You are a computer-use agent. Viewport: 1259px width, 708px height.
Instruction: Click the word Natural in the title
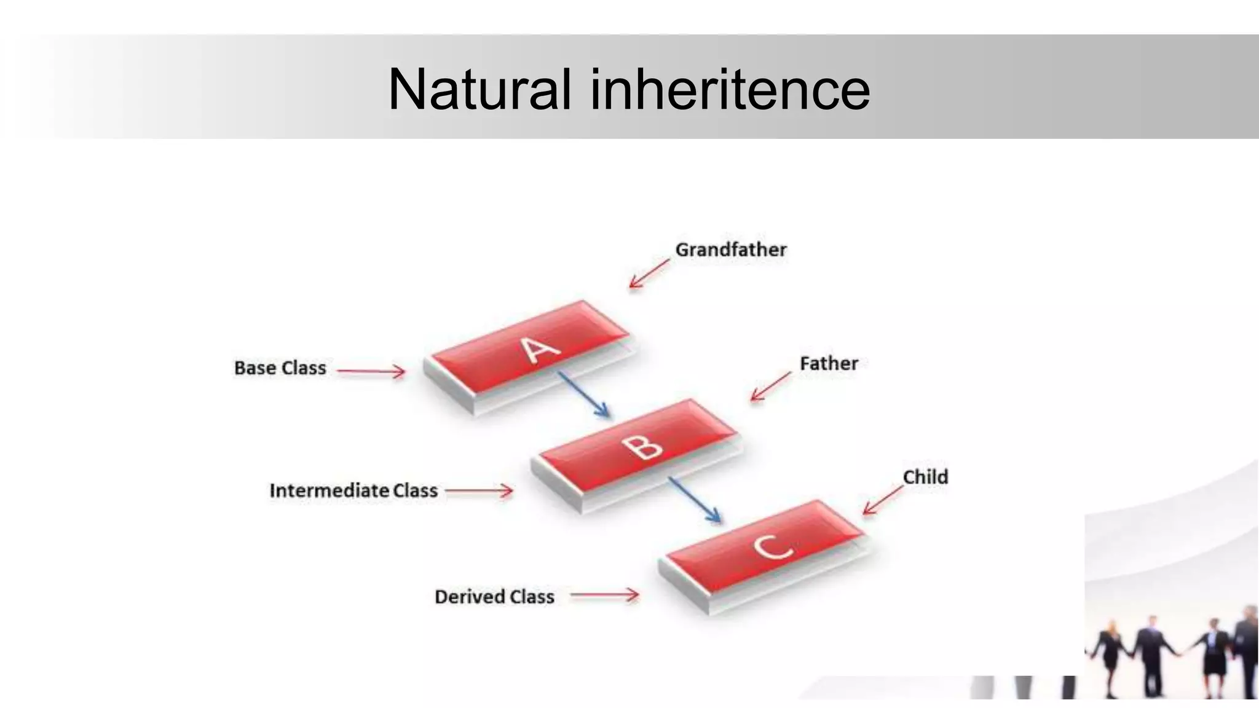pyautogui.click(x=480, y=90)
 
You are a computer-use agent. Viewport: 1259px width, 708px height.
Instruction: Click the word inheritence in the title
pyautogui.click(x=730, y=90)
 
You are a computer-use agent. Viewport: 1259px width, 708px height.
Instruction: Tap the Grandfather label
pyautogui.click(x=730, y=250)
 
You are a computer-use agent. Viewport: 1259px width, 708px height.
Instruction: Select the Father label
pyautogui.click(x=828, y=363)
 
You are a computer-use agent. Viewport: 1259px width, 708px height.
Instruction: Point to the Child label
pyautogui.click(x=925, y=477)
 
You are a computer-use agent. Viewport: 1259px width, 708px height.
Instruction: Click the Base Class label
pyautogui.click(x=280, y=368)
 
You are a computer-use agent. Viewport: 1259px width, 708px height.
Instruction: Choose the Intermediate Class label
pyautogui.click(x=353, y=490)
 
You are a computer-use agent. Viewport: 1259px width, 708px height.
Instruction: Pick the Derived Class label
pyautogui.click(x=494, y=597)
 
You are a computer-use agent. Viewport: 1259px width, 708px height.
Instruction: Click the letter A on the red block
pyautogui.click(x=540, y=350)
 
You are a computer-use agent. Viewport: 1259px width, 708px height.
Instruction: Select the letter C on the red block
pyautogui.click(x=772, y=546)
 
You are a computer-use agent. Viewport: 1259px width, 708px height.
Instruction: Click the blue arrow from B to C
pyautogui.click(x=695, y=500)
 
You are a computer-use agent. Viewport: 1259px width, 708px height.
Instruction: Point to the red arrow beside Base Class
pyautogui.click(x=371, y=371)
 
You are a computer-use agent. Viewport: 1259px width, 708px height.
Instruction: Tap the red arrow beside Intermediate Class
pyautogui.click(x=479, y=491)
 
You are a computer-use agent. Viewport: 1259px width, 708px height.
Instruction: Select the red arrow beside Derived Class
pyautogui.click(x=604, y=595)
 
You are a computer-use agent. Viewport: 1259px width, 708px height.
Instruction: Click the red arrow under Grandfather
pyautogui.click(x=649, y=273)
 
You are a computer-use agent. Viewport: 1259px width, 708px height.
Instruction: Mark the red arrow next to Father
pyautogui.click(x=771, y=387)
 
